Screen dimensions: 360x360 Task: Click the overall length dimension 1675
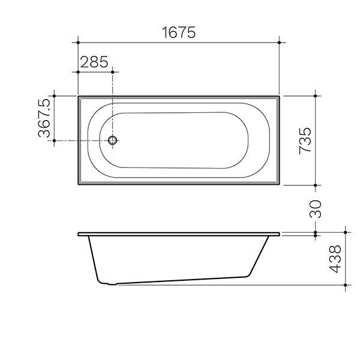click(178, 32)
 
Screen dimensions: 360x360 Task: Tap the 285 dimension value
click(93, 61)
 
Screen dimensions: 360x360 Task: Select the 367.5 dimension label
click(45, 118)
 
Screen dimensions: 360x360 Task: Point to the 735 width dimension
click(305, 140)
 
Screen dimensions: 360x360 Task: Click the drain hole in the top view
click(113, 141)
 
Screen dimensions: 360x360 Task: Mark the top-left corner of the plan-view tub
click(79, 95)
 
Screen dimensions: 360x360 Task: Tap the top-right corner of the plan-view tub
click(279, 95)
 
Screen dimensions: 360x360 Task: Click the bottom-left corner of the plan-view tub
click(79, 185)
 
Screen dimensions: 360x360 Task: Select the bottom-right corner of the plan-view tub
click(279, 185)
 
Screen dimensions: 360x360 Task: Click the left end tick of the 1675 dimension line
click(78, 42)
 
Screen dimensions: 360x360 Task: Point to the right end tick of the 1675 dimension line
click(279, 42)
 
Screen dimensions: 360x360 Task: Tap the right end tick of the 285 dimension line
click(113, 71)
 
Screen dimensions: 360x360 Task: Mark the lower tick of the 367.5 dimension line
click(55, 141)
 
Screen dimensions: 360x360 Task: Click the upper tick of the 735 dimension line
click(316, 95)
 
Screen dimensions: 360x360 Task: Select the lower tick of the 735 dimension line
click(316, 185)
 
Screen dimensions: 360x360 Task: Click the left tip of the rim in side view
click(79, 234)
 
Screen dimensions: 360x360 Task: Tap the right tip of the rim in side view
click(280, 234)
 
